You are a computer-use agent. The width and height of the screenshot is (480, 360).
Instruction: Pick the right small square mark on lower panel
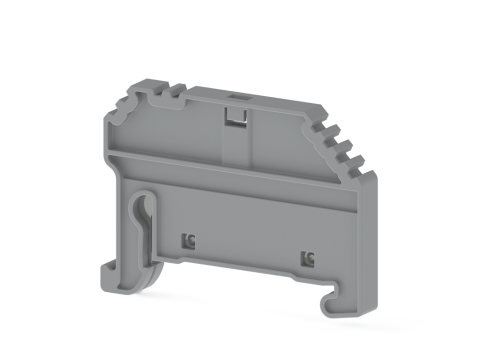pos(308,259)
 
